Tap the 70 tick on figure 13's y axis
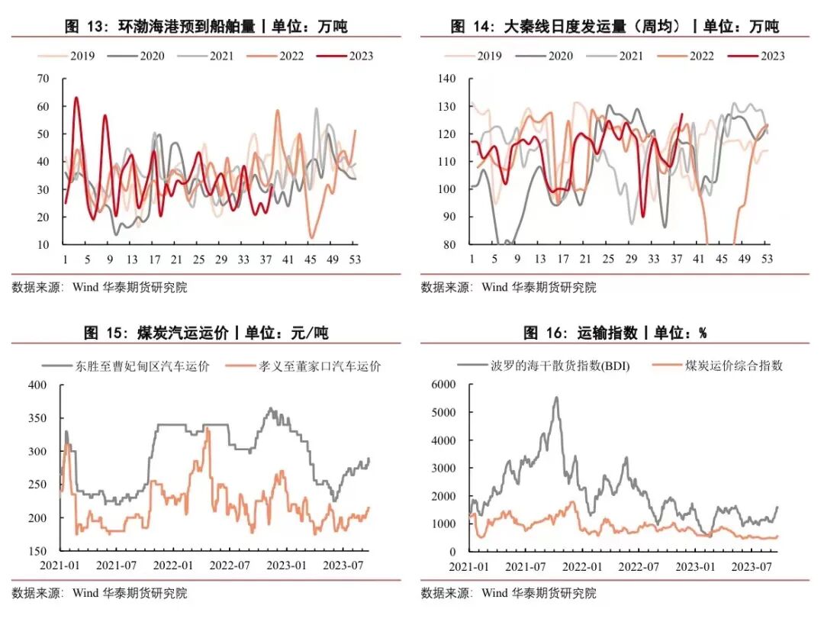pos(43,79)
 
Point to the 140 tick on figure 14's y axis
pos(446,79)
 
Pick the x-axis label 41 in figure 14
pos(698,259)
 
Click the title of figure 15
pos(207,333)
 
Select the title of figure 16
pos(615,333)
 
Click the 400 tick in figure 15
pos(37,385)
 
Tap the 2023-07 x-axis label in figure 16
pos(750,566)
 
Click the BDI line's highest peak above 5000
pos(556,398)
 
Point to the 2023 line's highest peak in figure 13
pos(76,98)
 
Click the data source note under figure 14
pos(508,288)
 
